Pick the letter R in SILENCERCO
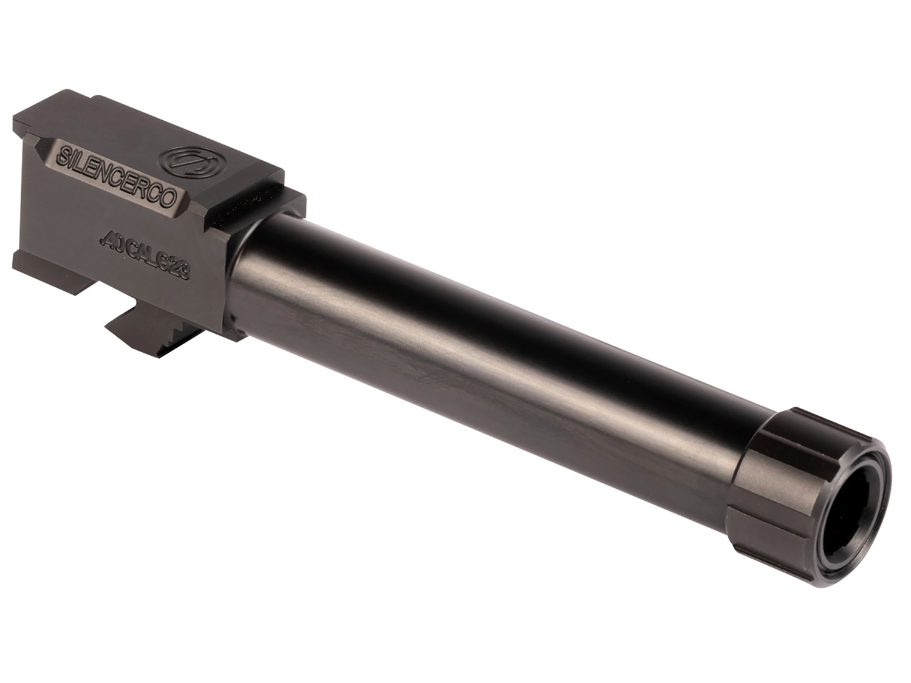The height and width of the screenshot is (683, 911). coord(147,185)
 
